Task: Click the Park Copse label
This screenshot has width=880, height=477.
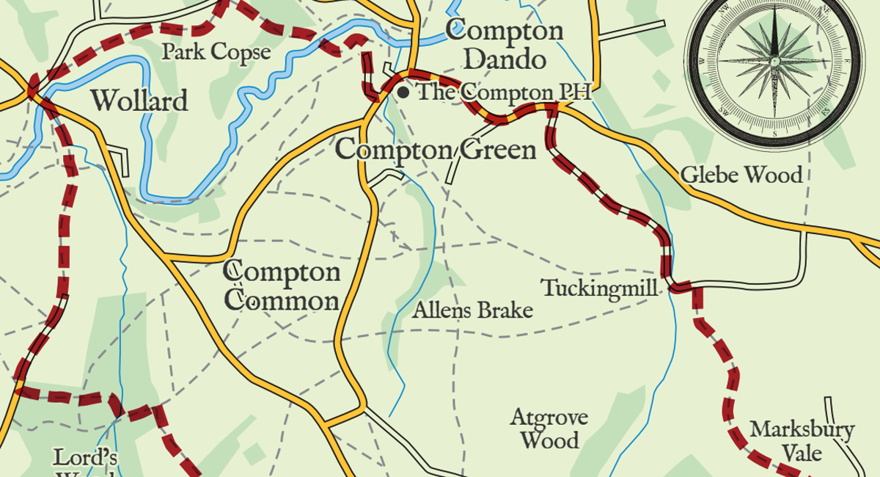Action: [x=216, y=52]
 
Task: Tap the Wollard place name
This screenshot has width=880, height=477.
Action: [x=139, y=101]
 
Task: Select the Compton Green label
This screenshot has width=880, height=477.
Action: [x=436, y=150]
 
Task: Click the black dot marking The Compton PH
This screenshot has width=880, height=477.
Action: [x=403, y=92]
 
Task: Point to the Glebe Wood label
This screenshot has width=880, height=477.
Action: [x=741, y=175]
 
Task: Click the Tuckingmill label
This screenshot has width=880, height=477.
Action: [x=599, y=288]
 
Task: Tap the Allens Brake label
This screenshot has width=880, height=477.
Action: [x=472, y=310]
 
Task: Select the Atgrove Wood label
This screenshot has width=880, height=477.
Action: [x=549, y=429]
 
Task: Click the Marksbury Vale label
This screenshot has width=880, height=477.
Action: [x=802, y=440]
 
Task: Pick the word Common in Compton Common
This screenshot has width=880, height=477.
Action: [x=282, y=301]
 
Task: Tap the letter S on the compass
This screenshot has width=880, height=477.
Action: [x=774, y=134]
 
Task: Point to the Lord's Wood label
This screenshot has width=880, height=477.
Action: [x=85, y=462]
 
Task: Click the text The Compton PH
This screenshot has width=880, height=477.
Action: [x=504, y=92]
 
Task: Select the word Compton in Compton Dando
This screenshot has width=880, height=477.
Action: [x=505, y=31]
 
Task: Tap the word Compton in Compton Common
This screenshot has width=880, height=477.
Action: [x=282, y=272]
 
